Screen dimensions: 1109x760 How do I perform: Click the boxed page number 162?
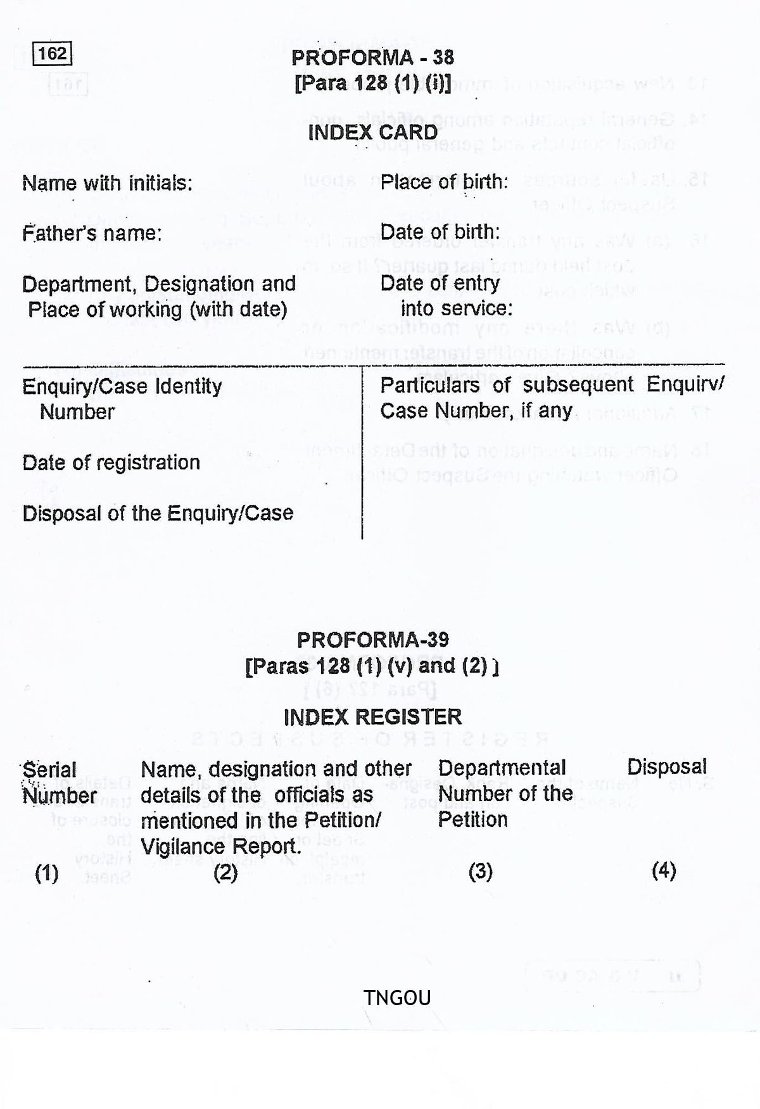pos(53,54)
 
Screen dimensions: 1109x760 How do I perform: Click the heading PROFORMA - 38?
pos(372,58)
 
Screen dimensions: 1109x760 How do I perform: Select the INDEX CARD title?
pos(372,132)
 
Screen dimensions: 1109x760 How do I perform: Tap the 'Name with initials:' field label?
pos(107,183)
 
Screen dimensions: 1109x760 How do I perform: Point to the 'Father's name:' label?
pos(92,233)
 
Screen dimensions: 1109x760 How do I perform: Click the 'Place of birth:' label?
pos(444,182)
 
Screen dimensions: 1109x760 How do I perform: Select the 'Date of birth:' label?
pos(440,232)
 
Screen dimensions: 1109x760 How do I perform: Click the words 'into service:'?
pos(456,308)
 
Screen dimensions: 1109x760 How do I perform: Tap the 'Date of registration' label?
pos(111,462)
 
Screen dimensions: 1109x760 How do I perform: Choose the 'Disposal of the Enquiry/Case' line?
pos(158,513)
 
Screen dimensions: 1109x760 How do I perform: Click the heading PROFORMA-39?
pos(372,640)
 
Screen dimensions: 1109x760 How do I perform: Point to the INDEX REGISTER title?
pos(372,717)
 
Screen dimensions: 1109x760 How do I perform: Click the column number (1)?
pos(47,873)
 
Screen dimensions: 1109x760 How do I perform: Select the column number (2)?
pos(225,873)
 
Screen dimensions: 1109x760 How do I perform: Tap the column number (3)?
pos(481,871)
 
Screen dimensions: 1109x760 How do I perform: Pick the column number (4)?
pos(664,871)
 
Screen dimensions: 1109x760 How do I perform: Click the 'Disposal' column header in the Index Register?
pos(666,767)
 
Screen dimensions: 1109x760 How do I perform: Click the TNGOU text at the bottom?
pos(397,998)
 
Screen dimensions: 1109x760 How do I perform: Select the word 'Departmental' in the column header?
pos(502,768)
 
